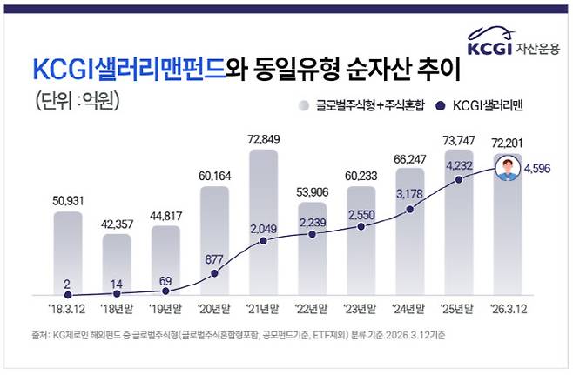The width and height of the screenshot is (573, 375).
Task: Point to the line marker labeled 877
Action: [214, 273]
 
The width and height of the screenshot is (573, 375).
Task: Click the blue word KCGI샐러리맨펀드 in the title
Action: [128, 68]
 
